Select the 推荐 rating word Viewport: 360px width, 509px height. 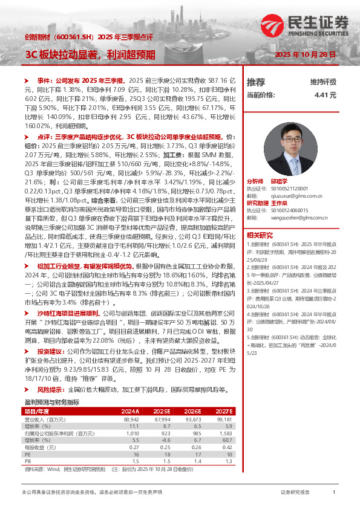256,82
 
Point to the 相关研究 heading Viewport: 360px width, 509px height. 260,235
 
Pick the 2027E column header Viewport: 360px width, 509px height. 223,410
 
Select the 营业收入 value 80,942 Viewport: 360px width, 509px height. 131,418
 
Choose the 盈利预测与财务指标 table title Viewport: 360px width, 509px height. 51,402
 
